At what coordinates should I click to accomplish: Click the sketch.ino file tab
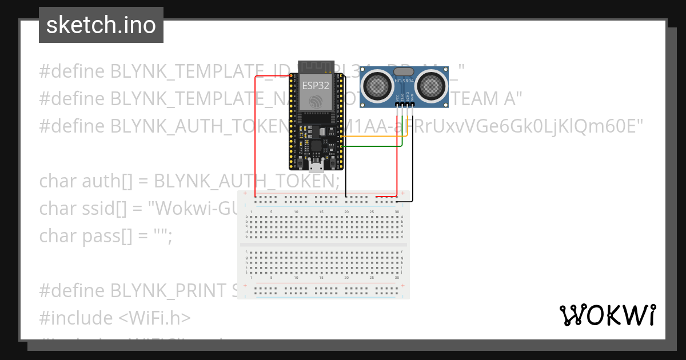pyautogui.click(x=101, y=25)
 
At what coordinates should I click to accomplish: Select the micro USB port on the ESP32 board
pyautogui.click(x=316, y=166)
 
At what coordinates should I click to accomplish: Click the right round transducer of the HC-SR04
pyautogui.click(x=430, y=86)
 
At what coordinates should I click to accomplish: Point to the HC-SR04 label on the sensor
pyautogui.click(x=404, y=81)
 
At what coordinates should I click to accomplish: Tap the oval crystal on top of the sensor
pyautogui.click(x=404, y=71)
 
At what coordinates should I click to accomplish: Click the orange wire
pyautogui.click(x=372, y=137)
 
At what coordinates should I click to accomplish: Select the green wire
pyautogui.click(x=372, y=146)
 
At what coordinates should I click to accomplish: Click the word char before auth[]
pyautogui.click(x=59, y=182)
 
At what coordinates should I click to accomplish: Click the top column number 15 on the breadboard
pyautogui.click(x=321, y=212)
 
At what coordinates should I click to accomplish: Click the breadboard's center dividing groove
pyautogui.click(x=324, y=245)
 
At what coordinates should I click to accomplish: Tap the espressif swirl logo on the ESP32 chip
pyautogui.click(x=316, y=101)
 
